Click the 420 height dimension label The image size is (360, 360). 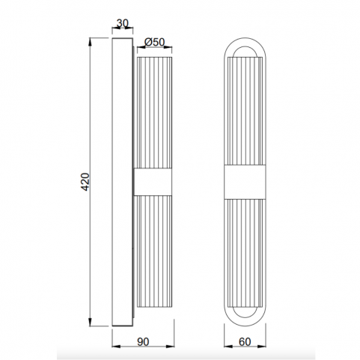coord(85,182)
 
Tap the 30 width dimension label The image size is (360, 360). coord(122,23)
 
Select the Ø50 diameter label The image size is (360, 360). coord(154,42)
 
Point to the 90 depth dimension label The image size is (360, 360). coord(143,342)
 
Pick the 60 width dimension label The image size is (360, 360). coord(245,342)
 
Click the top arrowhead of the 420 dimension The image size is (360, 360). coord(90,42)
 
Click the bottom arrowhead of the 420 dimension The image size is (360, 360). coord(90,323)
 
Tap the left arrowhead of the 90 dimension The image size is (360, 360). coord(116,347)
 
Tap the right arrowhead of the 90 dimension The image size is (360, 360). coord(170,347)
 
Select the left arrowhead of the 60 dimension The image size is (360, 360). coord(228,347)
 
